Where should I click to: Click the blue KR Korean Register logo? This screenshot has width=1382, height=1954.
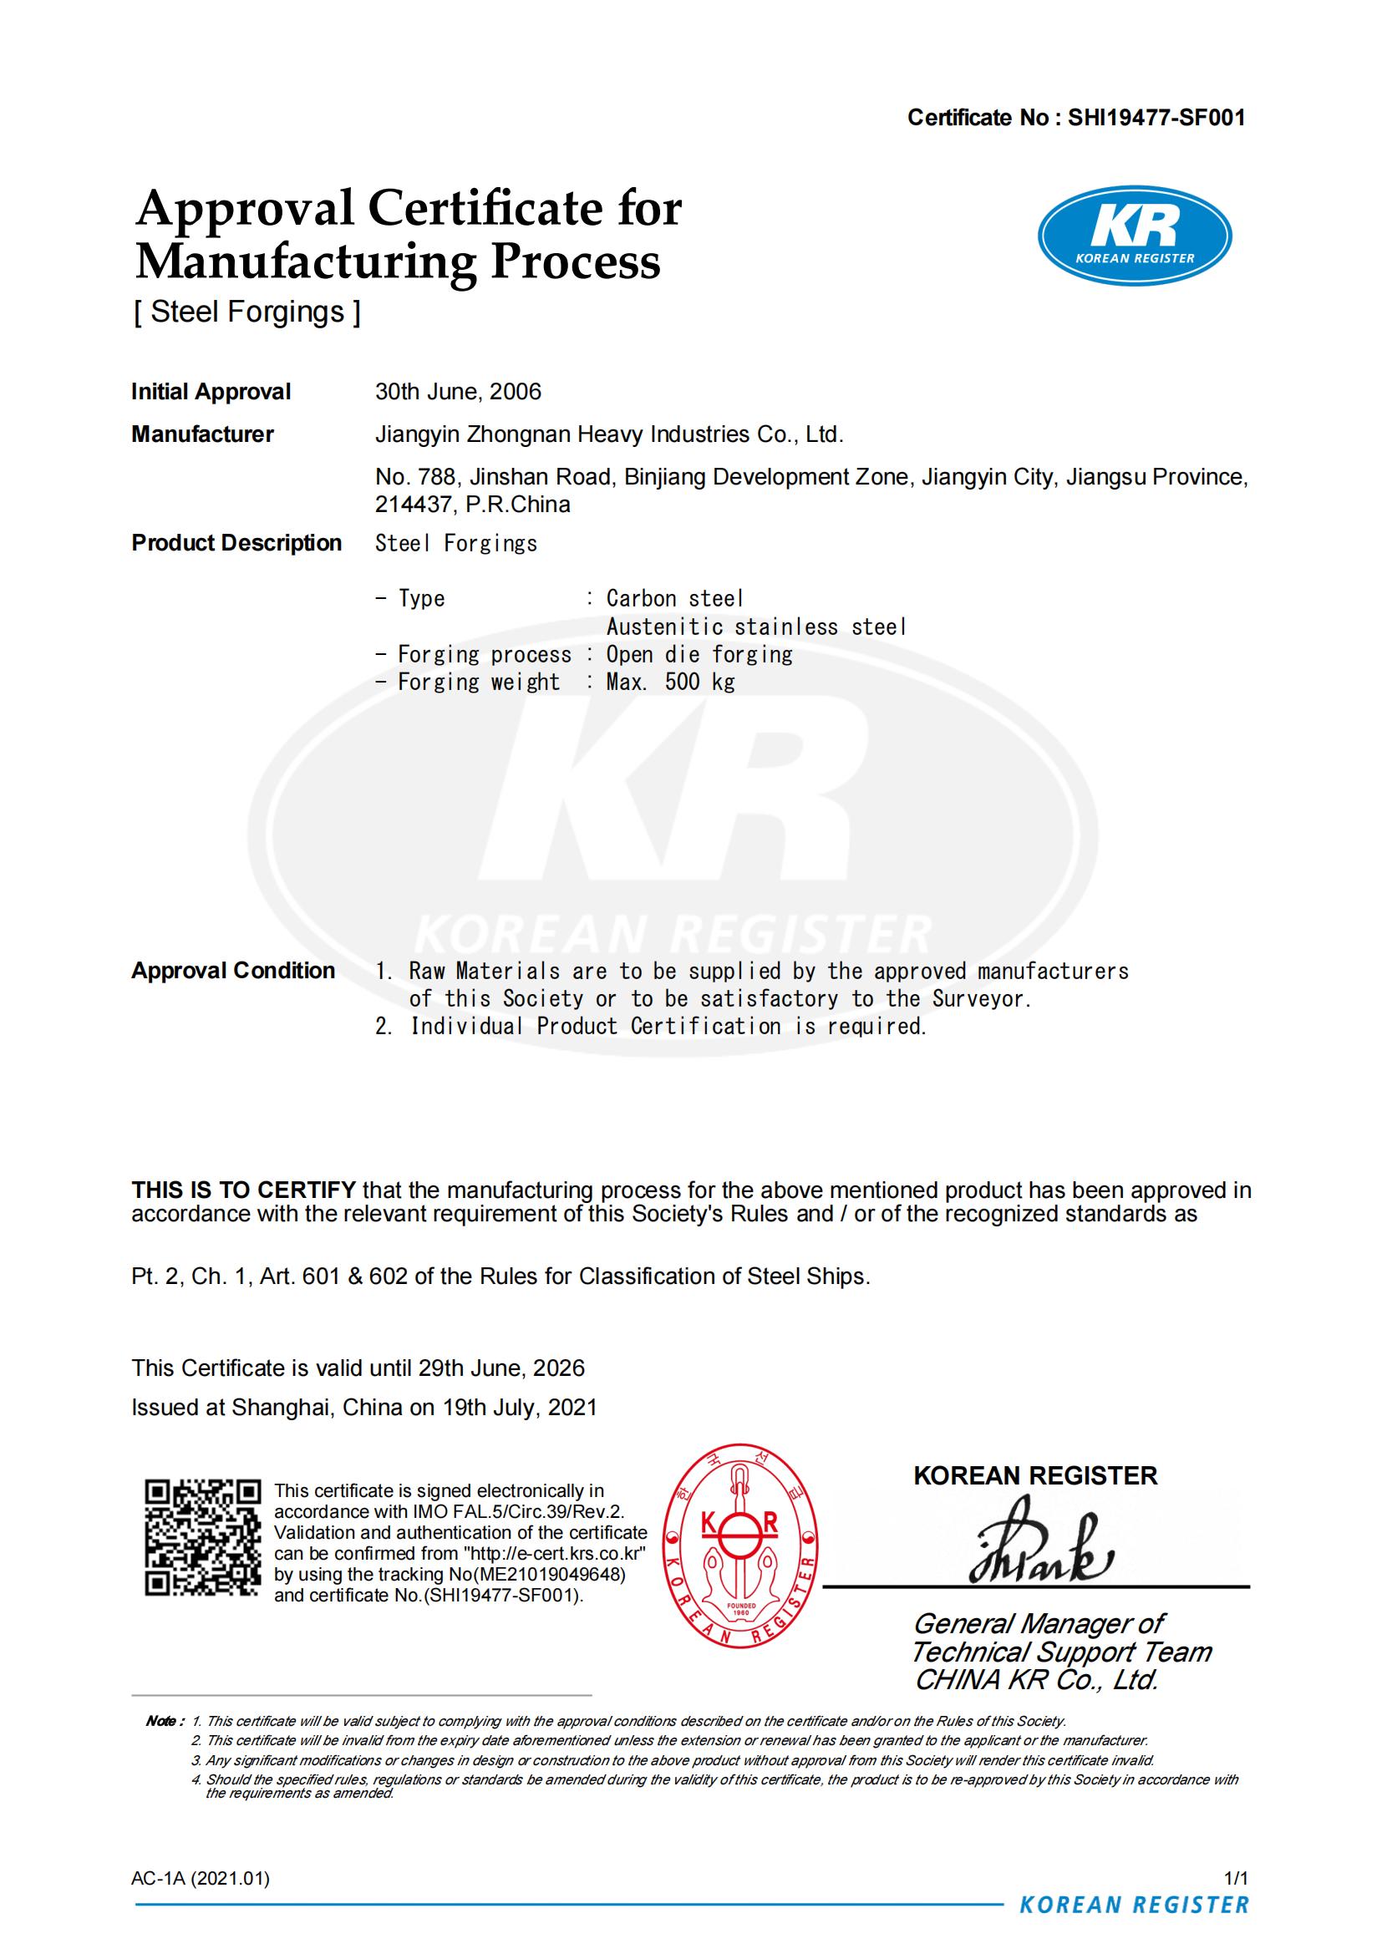[1135, 235]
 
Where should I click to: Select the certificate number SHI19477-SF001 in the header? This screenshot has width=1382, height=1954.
[1156, 118]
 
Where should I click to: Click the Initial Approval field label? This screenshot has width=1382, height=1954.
[211, 392]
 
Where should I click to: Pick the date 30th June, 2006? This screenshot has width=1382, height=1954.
[458, 392]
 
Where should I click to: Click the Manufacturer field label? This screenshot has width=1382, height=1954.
[201, 434]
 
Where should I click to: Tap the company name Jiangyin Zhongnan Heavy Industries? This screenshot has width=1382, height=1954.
[608, 434]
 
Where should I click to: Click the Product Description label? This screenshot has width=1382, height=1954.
[236, 543]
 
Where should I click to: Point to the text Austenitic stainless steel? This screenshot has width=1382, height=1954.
[755, 627]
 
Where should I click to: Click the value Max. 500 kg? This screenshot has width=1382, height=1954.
[670, 682]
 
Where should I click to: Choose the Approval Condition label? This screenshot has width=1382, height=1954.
[232, 971]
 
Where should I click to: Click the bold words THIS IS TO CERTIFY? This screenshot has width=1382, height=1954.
[243, 1190]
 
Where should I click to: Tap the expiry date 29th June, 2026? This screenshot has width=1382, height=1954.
[500, 1368]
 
